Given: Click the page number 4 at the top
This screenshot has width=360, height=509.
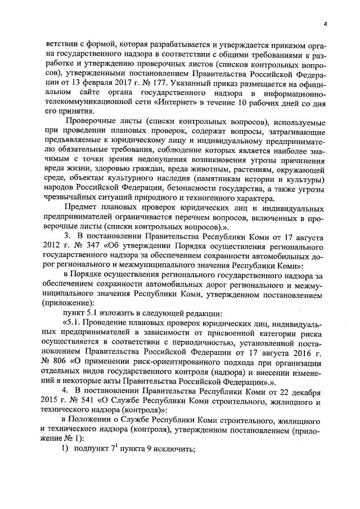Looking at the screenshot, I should pos(325,24).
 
